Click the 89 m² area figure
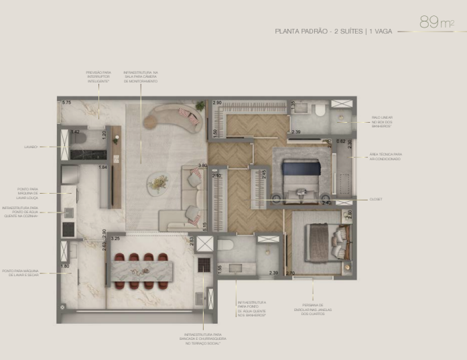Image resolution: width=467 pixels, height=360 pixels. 436,23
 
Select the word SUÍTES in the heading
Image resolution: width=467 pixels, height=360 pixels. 352,31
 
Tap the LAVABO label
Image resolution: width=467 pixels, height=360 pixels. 30,146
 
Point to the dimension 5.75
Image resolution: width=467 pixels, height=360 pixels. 66,103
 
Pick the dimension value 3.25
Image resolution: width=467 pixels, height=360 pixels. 115,238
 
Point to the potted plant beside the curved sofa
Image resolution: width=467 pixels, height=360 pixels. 200,106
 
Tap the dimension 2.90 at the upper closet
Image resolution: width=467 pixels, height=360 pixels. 217,103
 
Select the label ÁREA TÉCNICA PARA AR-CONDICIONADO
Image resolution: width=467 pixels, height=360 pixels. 385,156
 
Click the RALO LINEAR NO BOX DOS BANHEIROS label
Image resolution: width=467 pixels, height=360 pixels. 385,121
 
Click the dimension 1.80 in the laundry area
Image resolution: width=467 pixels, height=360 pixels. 65,267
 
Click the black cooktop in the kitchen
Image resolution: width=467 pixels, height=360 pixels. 68,229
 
